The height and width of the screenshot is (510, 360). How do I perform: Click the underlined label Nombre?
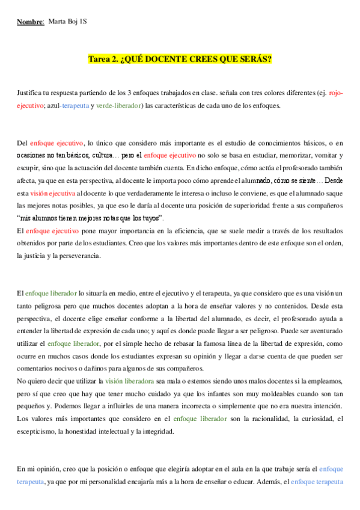[30, 22]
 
